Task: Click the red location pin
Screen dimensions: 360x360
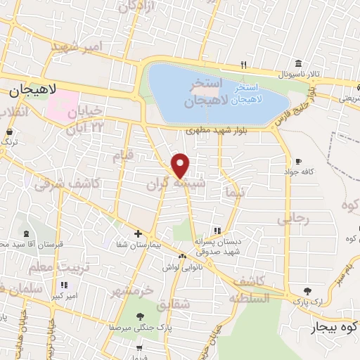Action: point(181,165)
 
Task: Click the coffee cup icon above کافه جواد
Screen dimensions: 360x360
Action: point(300,161)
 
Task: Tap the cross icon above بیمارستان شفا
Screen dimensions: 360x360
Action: point(138,233)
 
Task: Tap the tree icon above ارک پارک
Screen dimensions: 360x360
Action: point(307,290)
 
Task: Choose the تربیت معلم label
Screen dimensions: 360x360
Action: point(49,266)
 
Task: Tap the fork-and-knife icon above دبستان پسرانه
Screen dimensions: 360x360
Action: point(217,230)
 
